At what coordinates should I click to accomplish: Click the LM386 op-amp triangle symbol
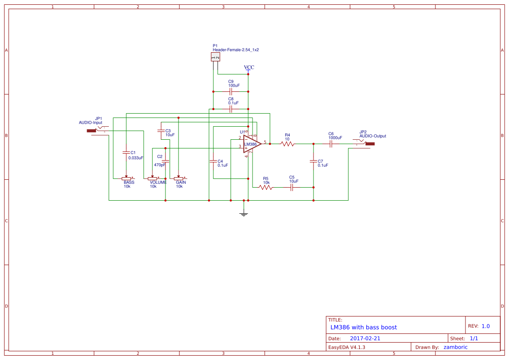[251, 144]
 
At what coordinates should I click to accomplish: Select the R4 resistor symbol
[287, 144]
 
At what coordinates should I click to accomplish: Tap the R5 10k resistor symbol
[266, 187]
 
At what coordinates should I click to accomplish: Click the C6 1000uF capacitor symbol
[331, 144]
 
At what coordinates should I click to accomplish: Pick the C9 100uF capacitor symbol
[231, 91]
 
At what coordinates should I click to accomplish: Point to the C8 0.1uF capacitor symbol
[231, 109]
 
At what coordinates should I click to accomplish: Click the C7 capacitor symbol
[313, 161]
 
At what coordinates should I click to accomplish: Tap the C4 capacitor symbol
[213, 161]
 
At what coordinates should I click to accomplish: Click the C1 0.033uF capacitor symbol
[126, 152]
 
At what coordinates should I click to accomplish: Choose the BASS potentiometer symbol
[126, 178]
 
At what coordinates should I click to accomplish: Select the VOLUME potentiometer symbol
[152, 178]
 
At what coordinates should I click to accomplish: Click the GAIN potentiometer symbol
[179, 178]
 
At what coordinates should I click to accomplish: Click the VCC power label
[249, 67]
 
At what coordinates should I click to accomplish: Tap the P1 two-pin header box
[216, 57]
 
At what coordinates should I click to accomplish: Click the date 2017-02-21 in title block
[365, 338]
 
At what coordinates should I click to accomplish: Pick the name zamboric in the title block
[455, 347]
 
